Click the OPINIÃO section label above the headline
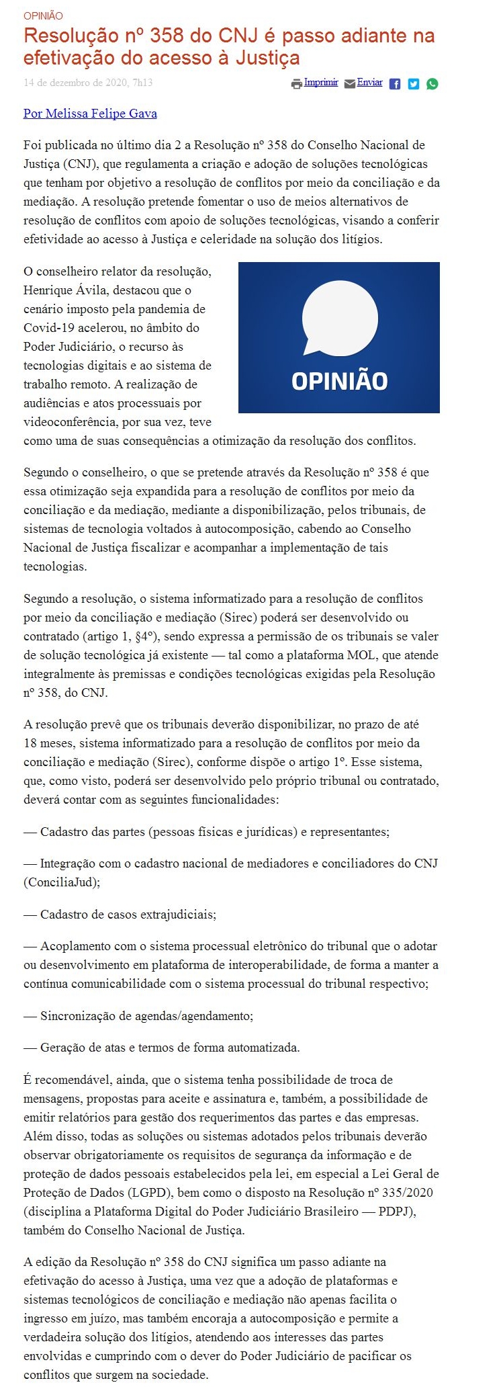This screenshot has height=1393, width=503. [x=43, y=15]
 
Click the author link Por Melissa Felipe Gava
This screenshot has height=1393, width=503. [x=90, y=114]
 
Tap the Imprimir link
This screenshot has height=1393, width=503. [x=321, y=83]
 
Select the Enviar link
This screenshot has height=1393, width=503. [x=370, y=83]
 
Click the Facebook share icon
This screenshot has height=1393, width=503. [x=395, y=84]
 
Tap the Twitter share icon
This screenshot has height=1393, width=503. [x=414, y=84]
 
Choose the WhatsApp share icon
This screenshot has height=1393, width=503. [x=432, y=84]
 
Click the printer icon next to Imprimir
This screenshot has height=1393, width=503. [x=297, y=84]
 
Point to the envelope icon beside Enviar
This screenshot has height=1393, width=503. [x=349, y=84]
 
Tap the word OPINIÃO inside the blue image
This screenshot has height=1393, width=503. [x=339, y=381]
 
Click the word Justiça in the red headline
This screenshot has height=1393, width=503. [x=267, y=58]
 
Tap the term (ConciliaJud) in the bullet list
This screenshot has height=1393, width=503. [x=62, y=882]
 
